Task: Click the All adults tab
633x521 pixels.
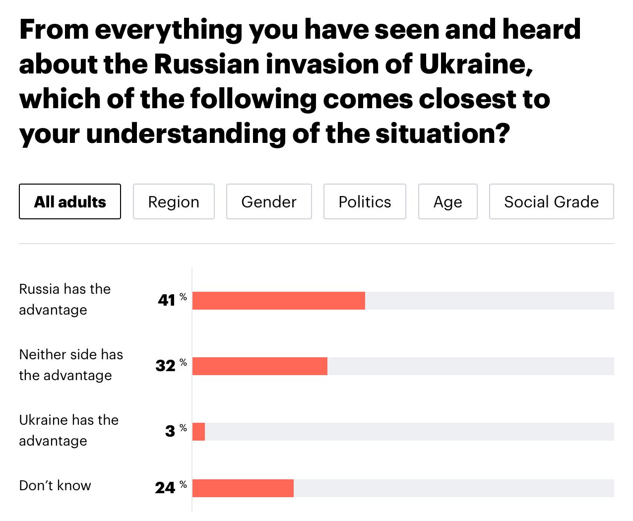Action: pos(70,201)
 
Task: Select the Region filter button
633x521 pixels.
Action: pos(174,201)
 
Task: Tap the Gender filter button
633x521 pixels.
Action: pos(269,201)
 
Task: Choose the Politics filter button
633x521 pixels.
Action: pos(365,201)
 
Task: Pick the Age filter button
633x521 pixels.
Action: pos(447,201)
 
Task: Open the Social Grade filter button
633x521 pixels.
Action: pos(551,201)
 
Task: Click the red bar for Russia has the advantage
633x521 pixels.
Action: pos(278,301)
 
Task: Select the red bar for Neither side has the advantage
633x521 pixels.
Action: pos(259,366)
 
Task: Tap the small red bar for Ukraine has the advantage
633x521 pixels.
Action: pos(198,432)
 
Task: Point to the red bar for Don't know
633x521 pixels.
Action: pos(243,488)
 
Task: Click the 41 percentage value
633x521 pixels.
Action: pos(167,300)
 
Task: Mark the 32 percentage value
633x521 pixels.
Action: pos(166,366)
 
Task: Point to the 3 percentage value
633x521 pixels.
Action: pos(171,431)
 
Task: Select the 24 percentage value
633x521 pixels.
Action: pos(165,488)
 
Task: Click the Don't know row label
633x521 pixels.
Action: pos(55,485)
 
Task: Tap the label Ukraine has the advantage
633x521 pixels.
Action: pos(68,430)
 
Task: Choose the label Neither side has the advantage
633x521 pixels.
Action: pos(70,365)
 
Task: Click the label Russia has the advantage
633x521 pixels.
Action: pos(64,299)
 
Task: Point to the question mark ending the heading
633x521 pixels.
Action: pos(504,133)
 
